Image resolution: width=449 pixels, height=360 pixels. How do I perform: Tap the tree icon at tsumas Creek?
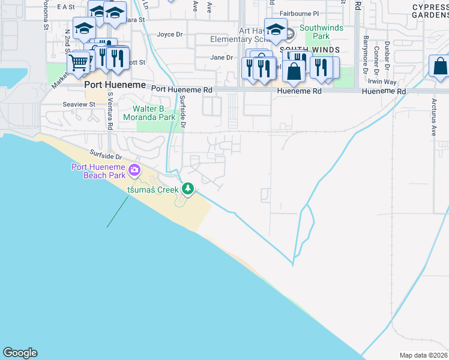coord(188,189)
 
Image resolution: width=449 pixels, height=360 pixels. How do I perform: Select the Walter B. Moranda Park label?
coord(150,113)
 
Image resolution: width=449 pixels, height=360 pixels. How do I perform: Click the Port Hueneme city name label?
coord(115,85)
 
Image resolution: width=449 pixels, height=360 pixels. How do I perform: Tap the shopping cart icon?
coord(78,62)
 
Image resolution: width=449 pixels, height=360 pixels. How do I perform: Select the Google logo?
coord(20,353)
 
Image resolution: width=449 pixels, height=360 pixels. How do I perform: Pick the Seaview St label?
coord(79,104)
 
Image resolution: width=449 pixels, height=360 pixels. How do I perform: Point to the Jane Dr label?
coord(221,58)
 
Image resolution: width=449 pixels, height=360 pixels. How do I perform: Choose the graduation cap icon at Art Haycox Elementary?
coord(276,28)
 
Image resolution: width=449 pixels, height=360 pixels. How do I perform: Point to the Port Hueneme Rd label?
coord(182,89)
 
